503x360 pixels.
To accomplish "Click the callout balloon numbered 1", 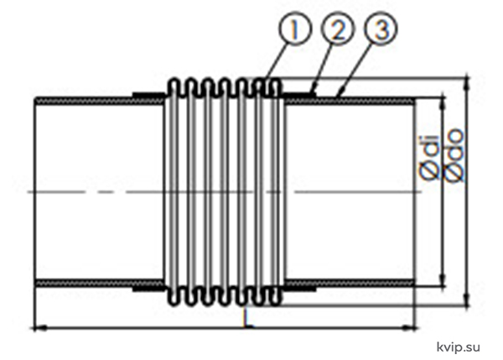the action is coord(294,29).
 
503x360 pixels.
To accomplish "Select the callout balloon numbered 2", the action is coord(338,29).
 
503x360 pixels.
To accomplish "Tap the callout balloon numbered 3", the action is coord(381,29).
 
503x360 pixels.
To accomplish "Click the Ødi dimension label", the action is coord(429,158).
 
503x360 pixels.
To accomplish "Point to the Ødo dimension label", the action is coord(454,155).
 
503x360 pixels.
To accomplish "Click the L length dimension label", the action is coord(246,319).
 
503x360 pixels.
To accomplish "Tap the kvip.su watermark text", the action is coord(459,347).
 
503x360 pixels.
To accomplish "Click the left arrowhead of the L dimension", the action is coord(39,328).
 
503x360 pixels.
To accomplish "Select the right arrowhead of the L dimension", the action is coord(411,328).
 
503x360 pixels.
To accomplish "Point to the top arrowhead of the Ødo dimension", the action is coord(467,83).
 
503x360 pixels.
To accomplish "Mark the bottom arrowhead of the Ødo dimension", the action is coord(467,300).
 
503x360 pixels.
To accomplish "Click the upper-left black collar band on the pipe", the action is coord(149,95).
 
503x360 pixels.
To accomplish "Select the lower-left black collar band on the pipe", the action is coord(149,290).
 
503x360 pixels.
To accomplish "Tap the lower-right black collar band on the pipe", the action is coord(299,290).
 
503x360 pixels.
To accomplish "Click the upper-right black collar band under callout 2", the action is coord(299,95).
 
